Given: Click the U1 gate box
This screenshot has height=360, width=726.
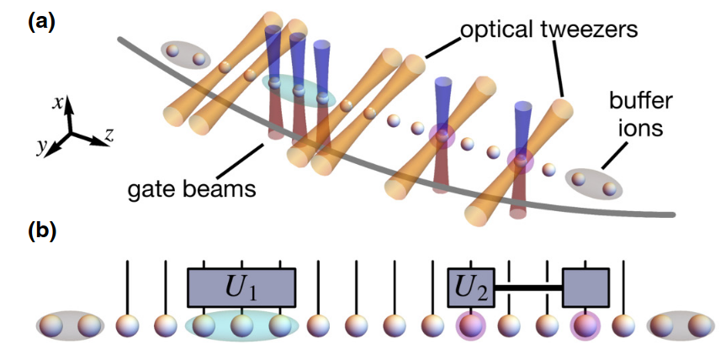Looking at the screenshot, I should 241,288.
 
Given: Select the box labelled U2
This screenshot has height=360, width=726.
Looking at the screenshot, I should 470,288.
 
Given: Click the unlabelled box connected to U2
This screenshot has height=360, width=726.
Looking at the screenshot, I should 586,288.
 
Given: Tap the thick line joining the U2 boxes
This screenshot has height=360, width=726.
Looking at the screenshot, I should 528,289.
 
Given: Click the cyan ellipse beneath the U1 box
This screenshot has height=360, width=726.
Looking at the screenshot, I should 242,326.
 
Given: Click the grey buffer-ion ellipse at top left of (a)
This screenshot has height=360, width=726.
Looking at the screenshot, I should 184,56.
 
